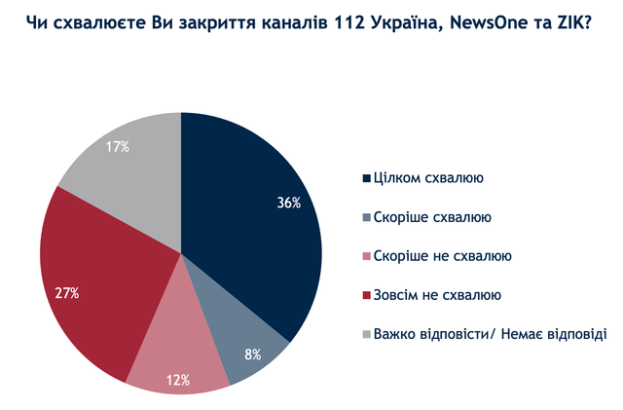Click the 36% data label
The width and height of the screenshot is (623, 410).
point(289,204)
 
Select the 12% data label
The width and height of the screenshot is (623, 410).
point(177,380)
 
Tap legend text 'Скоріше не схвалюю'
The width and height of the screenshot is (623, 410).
point(443,256)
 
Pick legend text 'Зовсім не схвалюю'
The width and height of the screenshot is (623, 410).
point(438,294)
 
